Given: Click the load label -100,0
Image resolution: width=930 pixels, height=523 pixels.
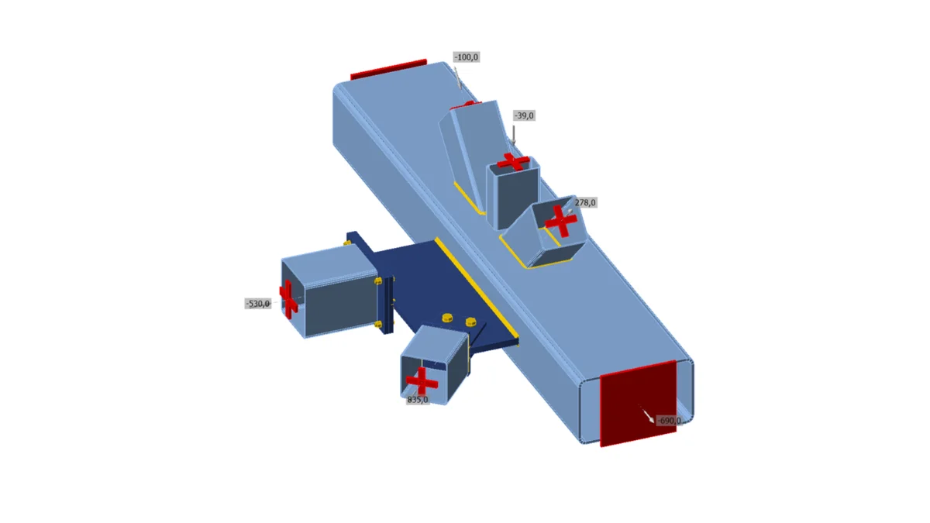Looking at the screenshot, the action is (x=467, y=57).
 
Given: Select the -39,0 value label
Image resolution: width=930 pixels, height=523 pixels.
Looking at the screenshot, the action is (x=524, y=115).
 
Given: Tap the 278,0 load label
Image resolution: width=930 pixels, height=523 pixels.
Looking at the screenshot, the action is (x=585, y=202).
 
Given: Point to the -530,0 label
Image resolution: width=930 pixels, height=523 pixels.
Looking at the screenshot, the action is (x=257, y=304).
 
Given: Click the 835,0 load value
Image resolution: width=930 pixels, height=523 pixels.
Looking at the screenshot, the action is (x=418, y=400).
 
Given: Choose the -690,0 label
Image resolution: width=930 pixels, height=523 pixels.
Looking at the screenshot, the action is (x=669, y=421).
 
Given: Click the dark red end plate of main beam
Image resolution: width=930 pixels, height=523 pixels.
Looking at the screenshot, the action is (x=638, y=404).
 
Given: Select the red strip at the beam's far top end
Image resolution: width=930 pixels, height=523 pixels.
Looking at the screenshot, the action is (x=388, y=69).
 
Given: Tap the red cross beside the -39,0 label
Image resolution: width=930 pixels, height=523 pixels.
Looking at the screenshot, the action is (x=513, y=161).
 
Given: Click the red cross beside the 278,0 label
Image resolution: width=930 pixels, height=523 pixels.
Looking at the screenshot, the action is (x=561, y=222).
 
